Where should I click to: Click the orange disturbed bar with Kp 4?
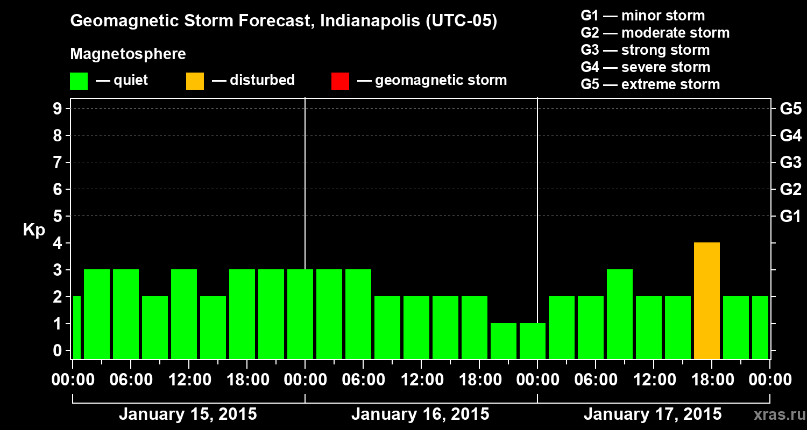pyautogui.click(x=706, y=301)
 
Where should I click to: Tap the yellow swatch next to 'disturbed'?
pyautogui.click(x=195, y=81)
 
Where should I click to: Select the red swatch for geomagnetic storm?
pyautogui.click(x=340, y=81)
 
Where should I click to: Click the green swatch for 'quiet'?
pyautogui.click(x=79, y=81)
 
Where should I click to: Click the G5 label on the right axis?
pyautogui.click(x=790, y=109)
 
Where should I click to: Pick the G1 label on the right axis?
pyautogui.click(x=790, y=216)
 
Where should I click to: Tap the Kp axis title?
pyautogui.click(x=34, y=230)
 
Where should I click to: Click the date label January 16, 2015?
pyautogui.click(x=420, y=414)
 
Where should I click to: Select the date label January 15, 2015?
pyautogui.click(x=188, y=414)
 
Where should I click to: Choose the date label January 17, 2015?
pyautogui.click(x=653, y=414)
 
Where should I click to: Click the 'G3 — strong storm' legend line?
pyautogui.click(x=645, y=50)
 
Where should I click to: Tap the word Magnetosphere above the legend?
pyautogui.click(x=128, y=54)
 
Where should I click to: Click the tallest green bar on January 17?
pyautogui.click(x=619, y=314)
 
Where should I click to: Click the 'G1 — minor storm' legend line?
pyautogui.click(x=642, y=16)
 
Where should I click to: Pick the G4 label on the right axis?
pyautogui.click(x=790, y=135)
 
